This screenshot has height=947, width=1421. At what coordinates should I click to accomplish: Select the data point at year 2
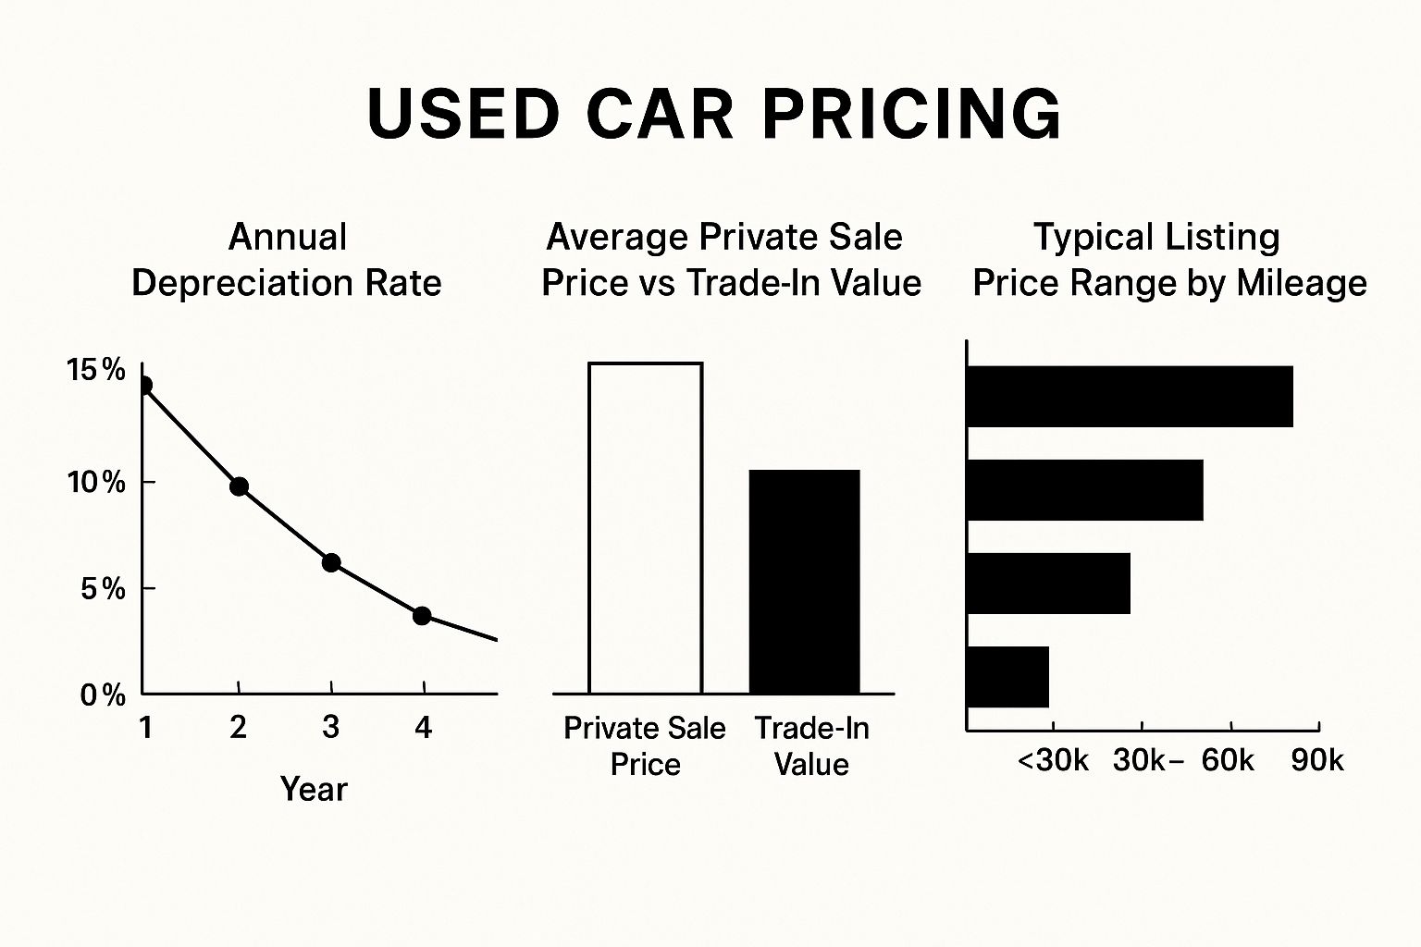point(239,486)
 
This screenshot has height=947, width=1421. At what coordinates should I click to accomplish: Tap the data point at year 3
point(331,562)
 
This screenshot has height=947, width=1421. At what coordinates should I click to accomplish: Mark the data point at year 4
point(422,616)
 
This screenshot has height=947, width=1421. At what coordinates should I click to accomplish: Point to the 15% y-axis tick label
point(95,371)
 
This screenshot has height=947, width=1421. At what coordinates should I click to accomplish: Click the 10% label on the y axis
point(95,482)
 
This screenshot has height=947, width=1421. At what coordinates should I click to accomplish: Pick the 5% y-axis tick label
point(102,588)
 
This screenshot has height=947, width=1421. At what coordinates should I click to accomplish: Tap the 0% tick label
point(102,695)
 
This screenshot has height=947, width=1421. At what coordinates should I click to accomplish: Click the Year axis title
point(314,789)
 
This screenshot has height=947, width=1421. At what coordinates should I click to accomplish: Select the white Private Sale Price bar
point(645,527)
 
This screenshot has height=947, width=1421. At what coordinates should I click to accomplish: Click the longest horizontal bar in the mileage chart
point(1129,396)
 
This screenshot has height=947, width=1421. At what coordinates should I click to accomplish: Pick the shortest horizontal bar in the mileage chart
point(1007,677)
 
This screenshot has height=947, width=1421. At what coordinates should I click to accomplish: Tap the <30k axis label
point(1053,760)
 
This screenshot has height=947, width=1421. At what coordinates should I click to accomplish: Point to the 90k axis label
point(1316,760)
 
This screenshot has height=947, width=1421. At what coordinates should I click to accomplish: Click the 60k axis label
point(1228,760)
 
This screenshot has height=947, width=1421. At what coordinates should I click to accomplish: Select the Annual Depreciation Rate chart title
point(287,260)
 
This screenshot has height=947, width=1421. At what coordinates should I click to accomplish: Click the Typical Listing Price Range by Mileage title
point(1169,260)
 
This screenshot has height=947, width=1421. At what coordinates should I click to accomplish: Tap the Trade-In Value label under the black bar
point(811,745)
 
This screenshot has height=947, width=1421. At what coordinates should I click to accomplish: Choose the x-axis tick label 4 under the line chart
point(423,728)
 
